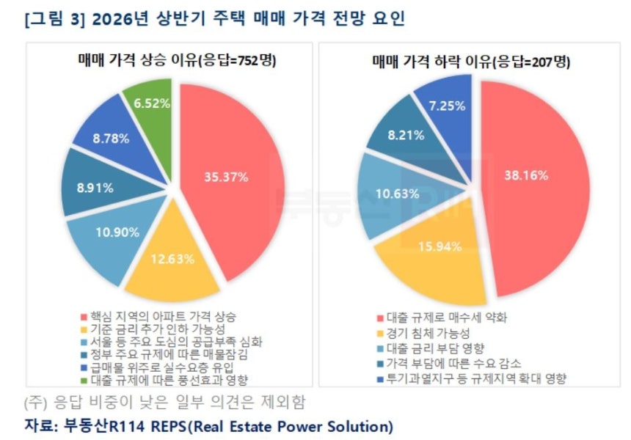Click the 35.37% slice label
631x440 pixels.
tap(227, 176)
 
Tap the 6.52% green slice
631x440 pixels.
tap(150, 103)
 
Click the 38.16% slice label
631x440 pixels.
tap(527, 175)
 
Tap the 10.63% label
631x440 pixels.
tap(397, 194)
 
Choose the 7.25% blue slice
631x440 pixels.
tap(447, 106)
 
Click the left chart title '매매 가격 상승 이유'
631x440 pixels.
tap(136, 61)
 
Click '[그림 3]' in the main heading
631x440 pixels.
tap(48, 19)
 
